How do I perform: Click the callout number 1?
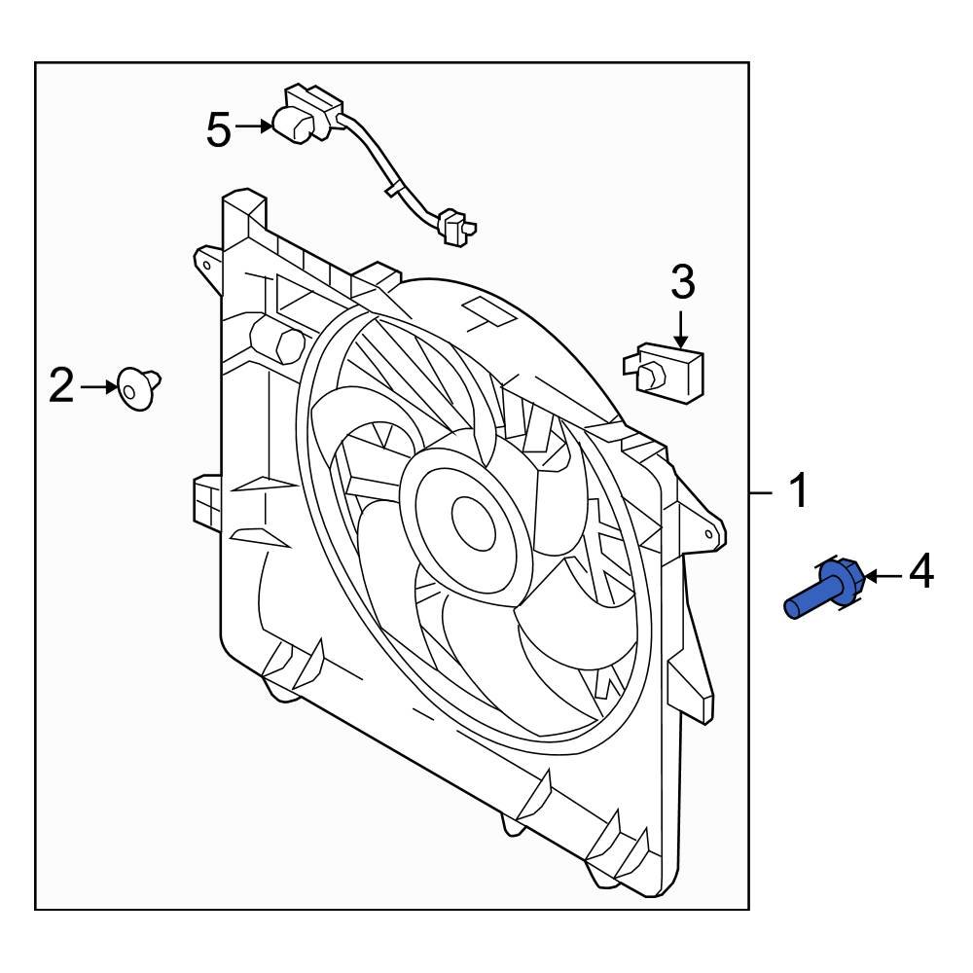[798, 492]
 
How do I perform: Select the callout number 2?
[61, 387]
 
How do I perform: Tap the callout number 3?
[682, 283]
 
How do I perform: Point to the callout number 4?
[920, 573]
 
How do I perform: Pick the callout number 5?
[219, 128]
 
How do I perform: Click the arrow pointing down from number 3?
[682, 326]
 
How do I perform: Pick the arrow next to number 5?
[255, 126]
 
